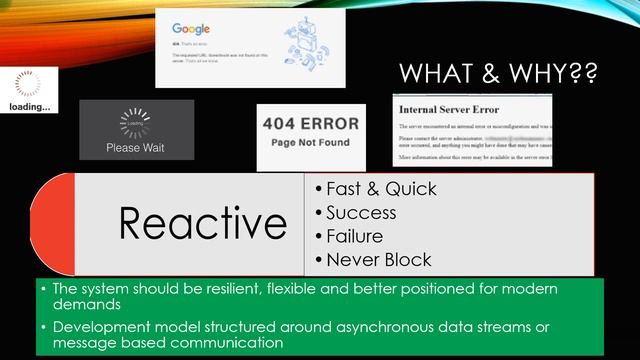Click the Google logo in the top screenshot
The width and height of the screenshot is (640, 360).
(x=191, y=29)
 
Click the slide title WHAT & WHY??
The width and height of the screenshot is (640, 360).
(x=497, y=74)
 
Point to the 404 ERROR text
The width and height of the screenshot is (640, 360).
(x=311, y=125)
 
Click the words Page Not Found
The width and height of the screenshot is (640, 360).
(x=311, y=143)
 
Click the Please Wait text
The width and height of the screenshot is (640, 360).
(x=136, y=148)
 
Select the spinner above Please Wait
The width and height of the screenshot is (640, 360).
(x=136, y=124)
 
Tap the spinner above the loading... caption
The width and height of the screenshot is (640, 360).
(x=29, y=82)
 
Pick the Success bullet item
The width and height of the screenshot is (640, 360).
(x=360, y=212)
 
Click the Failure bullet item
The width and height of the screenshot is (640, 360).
(x=355, y=236)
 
